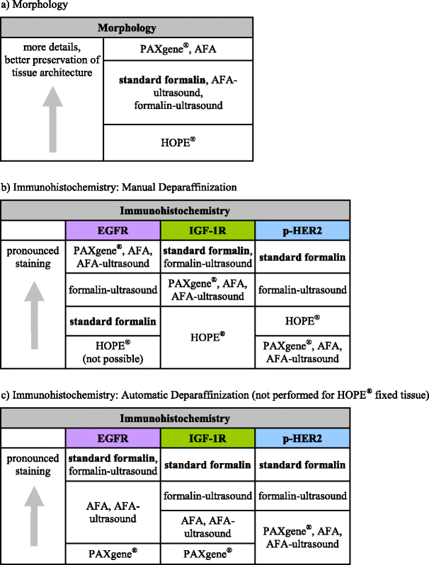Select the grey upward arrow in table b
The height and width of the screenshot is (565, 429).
[33, 315]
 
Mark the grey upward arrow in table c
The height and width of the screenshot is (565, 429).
[33, 523]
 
